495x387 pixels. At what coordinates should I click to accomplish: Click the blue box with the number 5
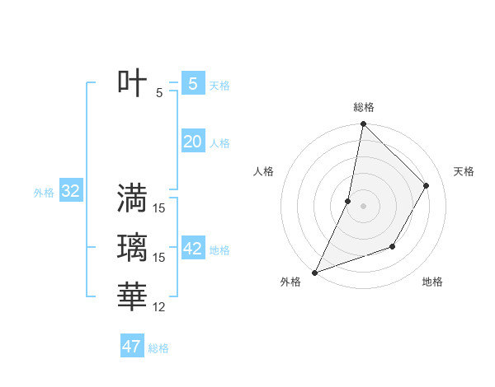click(192, 83)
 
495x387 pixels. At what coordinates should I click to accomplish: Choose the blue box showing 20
click(192, 142)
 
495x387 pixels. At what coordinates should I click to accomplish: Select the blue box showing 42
click(192, 249)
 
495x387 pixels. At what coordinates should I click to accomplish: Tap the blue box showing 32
click(71, 192)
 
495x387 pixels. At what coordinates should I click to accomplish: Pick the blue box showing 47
click(131, 347)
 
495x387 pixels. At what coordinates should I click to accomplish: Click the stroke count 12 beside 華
click(159, 307)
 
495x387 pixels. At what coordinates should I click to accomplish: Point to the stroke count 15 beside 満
click(159, 208)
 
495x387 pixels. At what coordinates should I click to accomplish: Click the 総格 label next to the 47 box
click(158, 348)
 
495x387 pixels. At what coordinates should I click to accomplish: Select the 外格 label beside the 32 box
click(44, 193)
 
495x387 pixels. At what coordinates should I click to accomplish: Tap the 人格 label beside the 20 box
click(219, 143)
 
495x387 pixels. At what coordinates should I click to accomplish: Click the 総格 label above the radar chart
click(363, 107)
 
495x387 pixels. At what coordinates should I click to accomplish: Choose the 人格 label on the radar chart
click(263, 171)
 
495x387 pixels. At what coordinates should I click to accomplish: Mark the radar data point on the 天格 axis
click(427, 185)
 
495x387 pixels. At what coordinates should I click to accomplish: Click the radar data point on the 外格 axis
click(315, 272)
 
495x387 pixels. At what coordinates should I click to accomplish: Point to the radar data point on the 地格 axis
click(393, 246)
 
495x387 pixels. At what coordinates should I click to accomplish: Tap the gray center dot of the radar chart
click(363, 206)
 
